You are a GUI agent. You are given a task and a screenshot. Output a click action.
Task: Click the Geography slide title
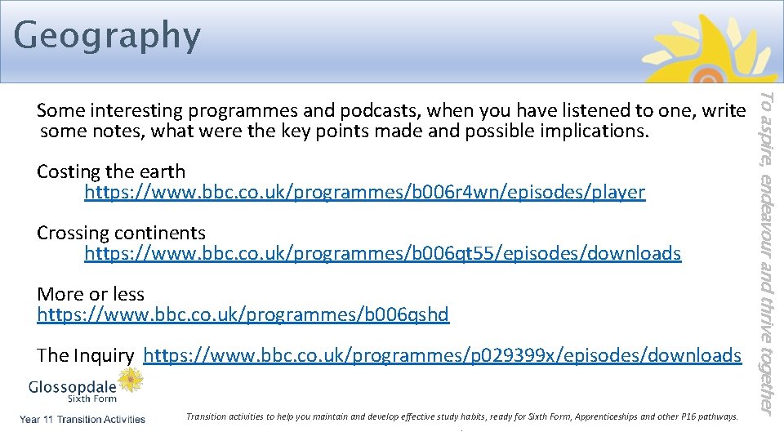tap(107, 36)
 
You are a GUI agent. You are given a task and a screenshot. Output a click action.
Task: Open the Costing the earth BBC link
tap(364, 193)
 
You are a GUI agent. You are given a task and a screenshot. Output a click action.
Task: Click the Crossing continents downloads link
tap(382, 254)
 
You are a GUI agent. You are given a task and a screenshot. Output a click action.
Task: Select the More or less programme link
tap(243, 314)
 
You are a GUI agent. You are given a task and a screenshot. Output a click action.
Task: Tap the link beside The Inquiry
tap(442, 355)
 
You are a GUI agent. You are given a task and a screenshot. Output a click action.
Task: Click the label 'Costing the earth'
tap(111, 171)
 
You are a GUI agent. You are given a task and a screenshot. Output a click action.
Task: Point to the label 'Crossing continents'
tap(121, 234)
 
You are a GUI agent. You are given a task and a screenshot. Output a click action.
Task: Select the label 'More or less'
tap(91, 294)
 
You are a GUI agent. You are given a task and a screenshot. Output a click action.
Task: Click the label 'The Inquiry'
tap(85, 355)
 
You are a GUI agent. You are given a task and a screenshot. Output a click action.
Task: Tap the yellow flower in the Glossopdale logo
tap(130, 379)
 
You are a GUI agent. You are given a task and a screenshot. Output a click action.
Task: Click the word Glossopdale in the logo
tap(73, 386)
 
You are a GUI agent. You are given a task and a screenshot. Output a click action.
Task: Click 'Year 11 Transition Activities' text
tap(82, 420)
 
